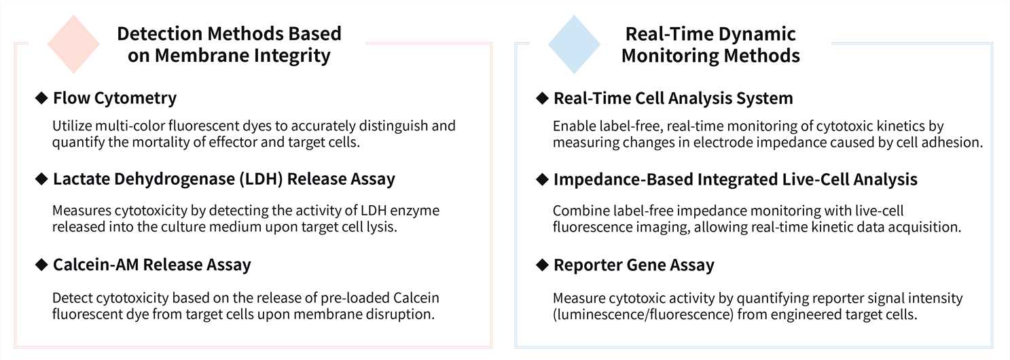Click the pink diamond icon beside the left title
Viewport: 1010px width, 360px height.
point(73,44)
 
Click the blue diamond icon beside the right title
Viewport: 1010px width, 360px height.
point(574,44)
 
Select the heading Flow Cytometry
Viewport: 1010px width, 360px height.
point(114,98)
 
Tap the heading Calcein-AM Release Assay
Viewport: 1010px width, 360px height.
point(151,264)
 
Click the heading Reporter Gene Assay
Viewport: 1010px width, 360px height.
point(634,264)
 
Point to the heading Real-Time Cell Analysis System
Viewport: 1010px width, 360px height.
point(673,98)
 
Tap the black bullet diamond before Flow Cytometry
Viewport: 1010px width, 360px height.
point(41,98)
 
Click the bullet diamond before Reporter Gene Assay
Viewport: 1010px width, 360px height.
point(542,264)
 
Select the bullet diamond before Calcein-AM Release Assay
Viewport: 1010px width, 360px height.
point(41,264)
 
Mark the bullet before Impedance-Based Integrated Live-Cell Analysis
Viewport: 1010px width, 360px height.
point(542,179)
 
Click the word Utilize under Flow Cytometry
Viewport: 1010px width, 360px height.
point(70,126)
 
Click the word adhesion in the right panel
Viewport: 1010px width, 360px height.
point(954,142)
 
